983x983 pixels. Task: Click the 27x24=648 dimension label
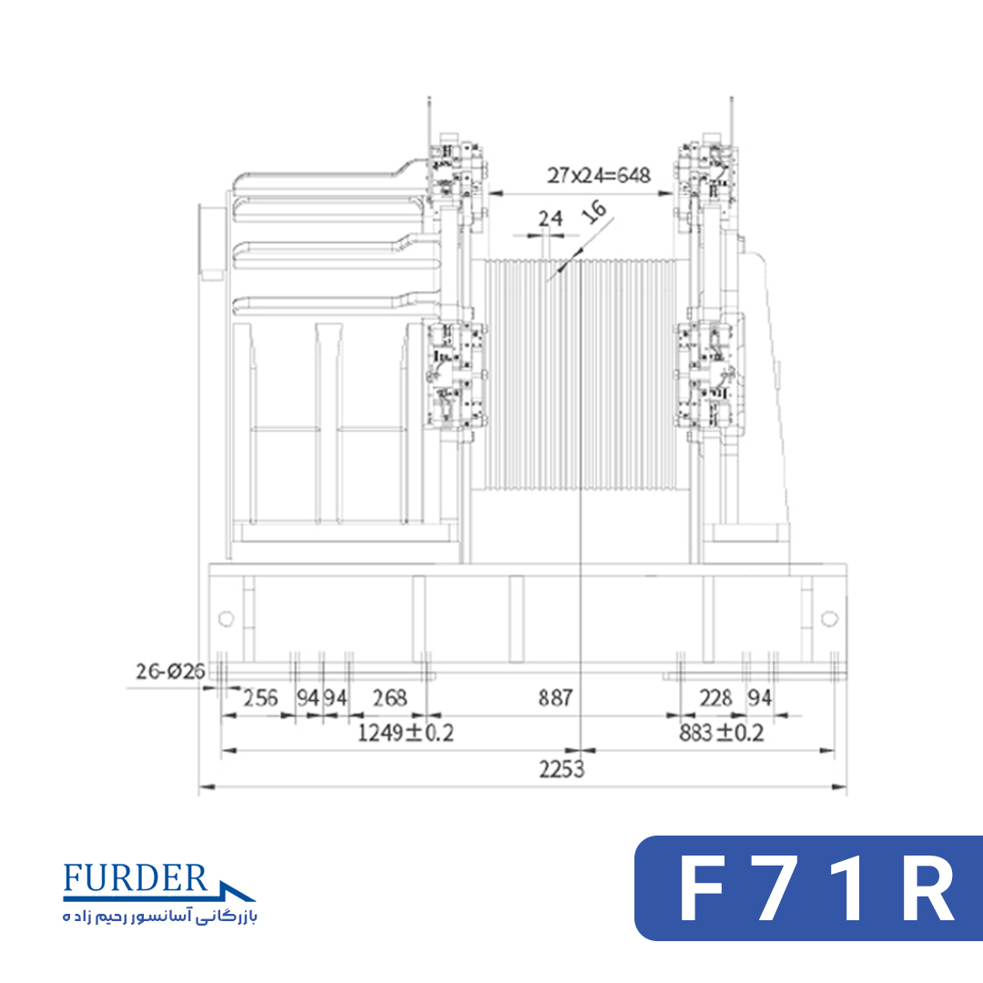(598, 176)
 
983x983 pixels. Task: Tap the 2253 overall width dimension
(562, 768)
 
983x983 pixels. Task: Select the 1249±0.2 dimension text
(406, 732)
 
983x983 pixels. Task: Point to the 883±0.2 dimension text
(722, 732)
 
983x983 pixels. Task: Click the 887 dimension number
(555, 697)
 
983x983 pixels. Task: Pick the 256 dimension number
(260, 697)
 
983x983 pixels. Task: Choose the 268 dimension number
(390, 697)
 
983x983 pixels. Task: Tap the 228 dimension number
(716, 697)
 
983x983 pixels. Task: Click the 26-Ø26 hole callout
(170, 672)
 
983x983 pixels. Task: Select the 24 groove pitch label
(551, 218)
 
